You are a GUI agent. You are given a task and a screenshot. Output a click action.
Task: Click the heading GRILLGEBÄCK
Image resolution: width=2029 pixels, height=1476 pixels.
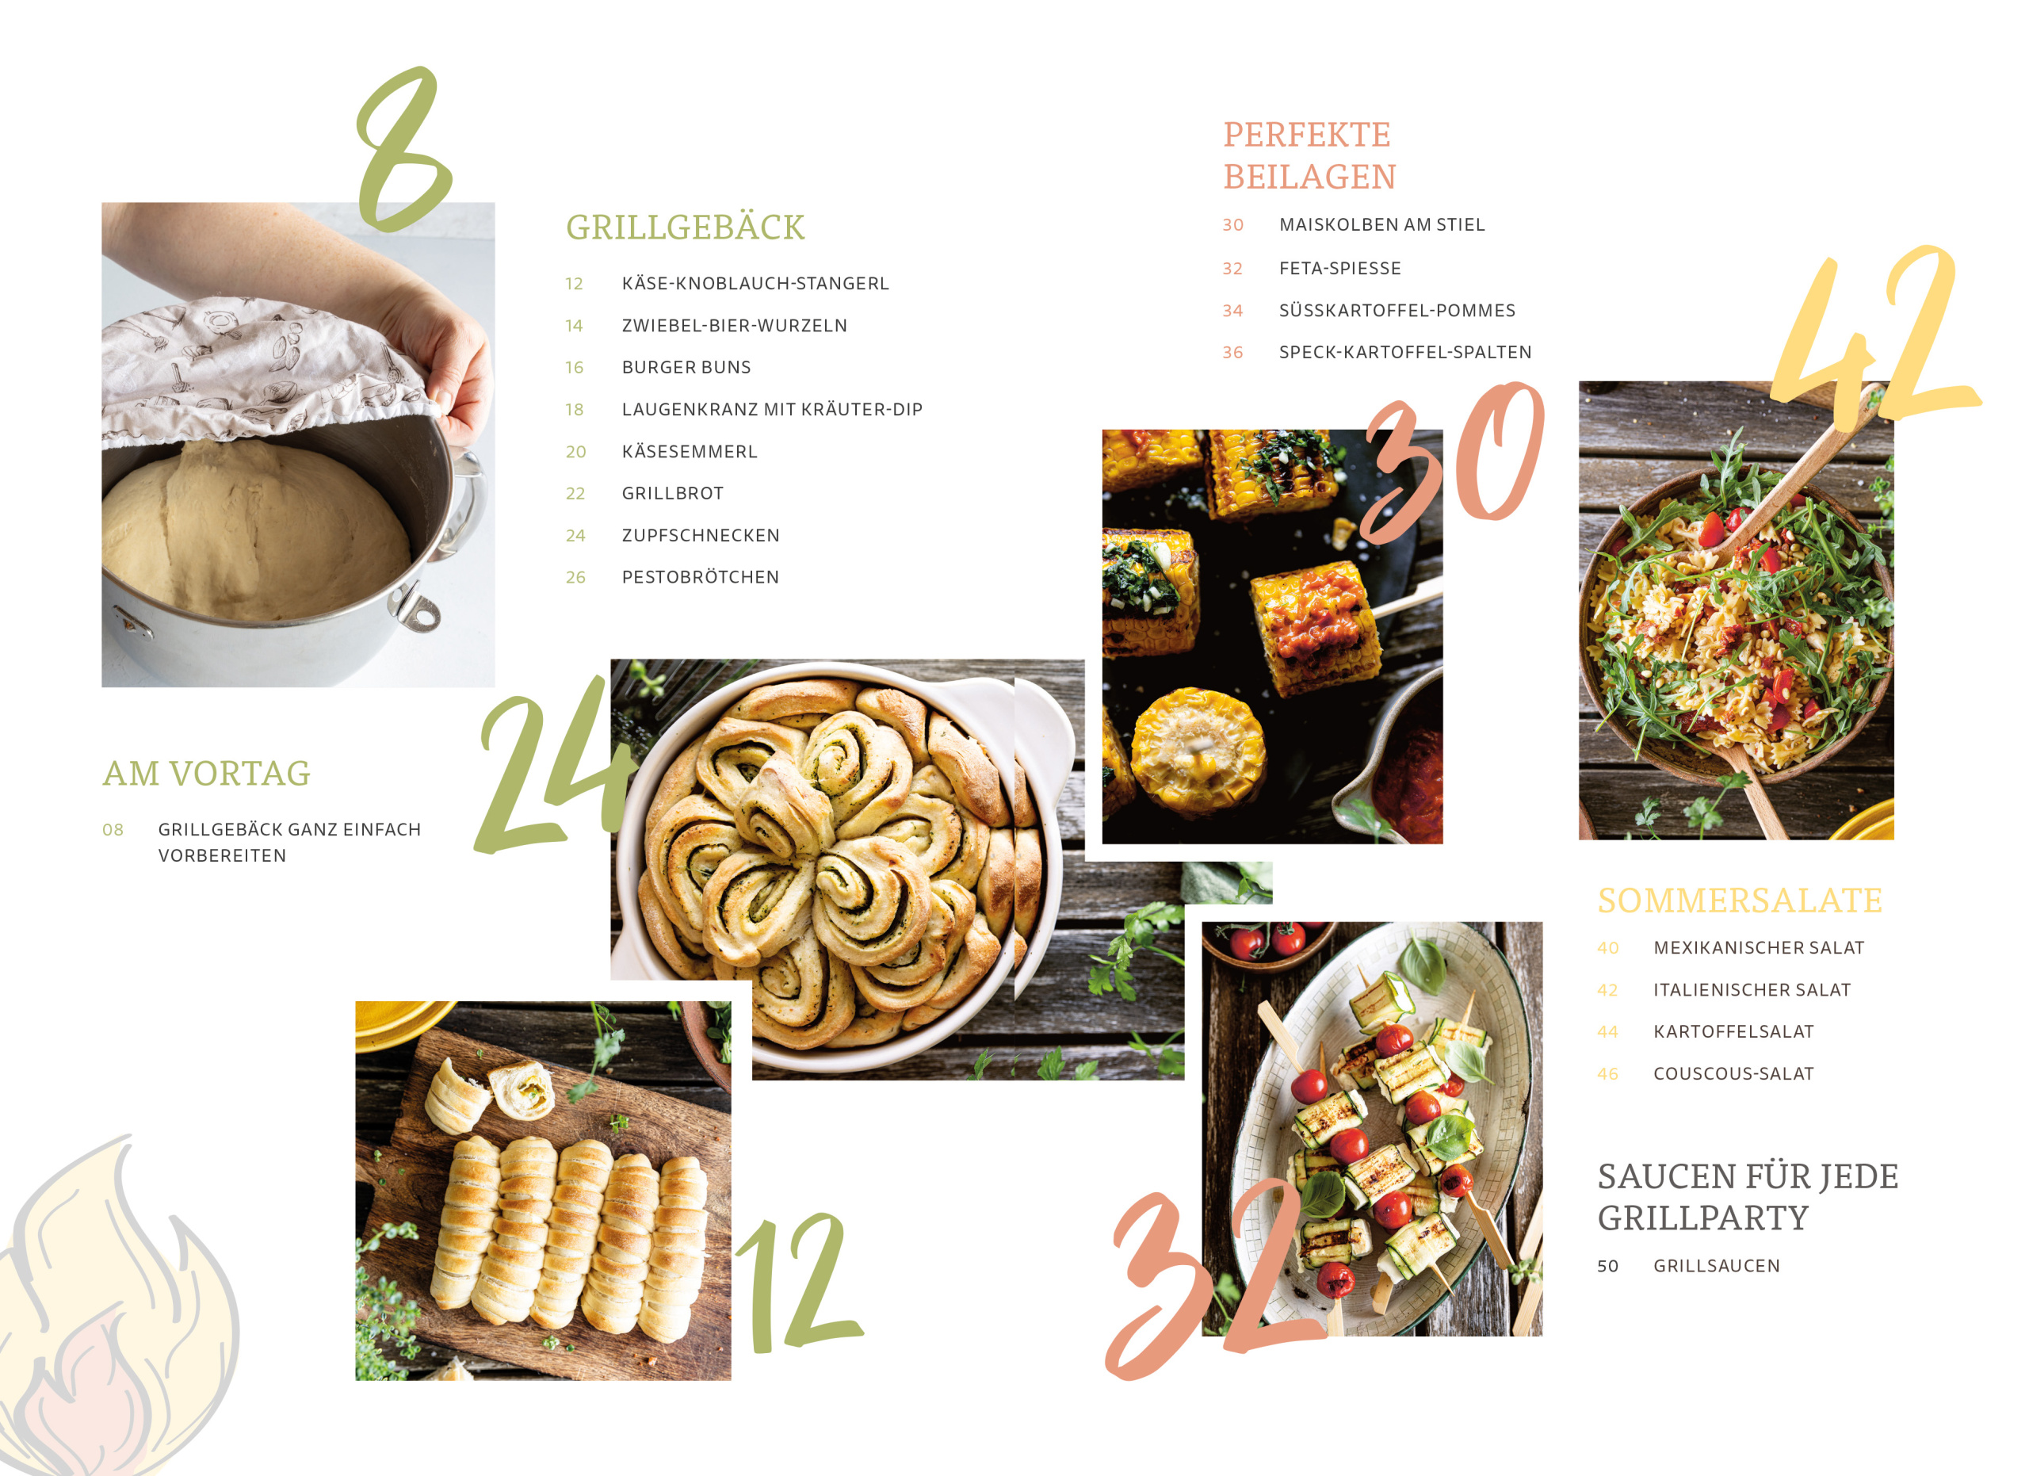686,228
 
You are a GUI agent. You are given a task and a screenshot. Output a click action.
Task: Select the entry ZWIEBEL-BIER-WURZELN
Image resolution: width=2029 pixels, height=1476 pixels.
735,326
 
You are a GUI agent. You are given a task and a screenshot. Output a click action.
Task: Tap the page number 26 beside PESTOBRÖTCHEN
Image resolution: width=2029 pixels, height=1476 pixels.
575,578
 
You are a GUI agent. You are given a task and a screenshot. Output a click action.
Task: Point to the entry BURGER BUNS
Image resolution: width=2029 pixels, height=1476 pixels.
686,368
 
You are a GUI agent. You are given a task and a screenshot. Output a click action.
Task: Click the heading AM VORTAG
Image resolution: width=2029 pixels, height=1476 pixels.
207,774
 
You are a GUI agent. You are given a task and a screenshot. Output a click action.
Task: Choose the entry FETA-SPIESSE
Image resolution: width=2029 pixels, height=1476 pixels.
1340,269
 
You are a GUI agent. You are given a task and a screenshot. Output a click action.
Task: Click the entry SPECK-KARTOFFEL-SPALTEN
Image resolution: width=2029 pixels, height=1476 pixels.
1405,353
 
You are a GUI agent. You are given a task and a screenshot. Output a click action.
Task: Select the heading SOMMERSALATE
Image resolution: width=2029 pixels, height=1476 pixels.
1740,901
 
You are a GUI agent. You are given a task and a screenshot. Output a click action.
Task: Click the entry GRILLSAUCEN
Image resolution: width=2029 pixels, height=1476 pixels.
1717,1266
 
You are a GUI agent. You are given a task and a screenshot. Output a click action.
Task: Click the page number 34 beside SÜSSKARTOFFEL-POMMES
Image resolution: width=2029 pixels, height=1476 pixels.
1232,311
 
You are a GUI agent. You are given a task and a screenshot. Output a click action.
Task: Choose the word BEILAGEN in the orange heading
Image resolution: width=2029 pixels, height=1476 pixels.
1309,177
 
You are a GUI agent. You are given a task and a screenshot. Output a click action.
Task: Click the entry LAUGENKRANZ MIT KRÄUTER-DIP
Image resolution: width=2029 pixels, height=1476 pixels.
772,410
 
